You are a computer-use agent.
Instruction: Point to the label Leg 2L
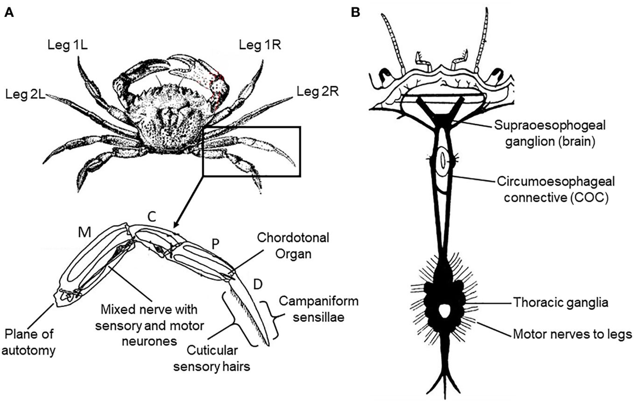[26, 95]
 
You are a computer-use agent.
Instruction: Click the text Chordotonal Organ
[286, 245]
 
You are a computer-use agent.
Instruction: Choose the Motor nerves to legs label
[571, 334]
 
